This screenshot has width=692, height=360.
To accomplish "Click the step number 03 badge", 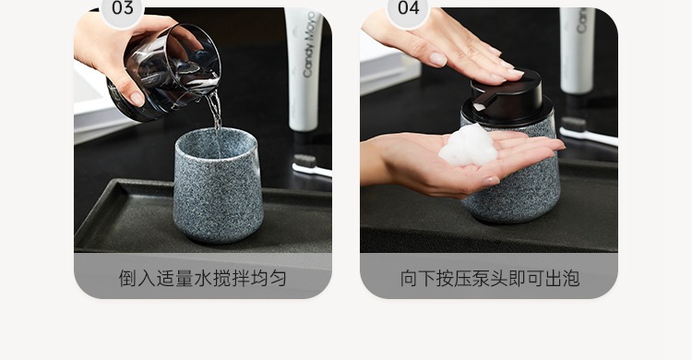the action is point(122,10).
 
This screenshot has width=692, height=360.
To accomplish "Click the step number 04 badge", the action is point(408,10).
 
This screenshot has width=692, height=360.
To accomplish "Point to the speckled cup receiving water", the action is point(217,186).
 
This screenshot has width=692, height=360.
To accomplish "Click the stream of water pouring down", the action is point(215,111).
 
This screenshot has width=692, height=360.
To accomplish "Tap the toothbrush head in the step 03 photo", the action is point(304,161).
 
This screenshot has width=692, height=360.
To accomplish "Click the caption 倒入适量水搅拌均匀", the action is point(203,279).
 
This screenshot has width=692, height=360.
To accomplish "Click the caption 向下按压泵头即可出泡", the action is point(489,279).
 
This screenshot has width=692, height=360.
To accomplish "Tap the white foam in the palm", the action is point(469,146).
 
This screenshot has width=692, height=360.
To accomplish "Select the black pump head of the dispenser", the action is point(507,100).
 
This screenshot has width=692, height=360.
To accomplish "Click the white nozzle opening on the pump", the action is point(479,107).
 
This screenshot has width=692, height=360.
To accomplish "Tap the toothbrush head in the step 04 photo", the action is point(573,125).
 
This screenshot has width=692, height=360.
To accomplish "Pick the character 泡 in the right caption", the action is point(571,279).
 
